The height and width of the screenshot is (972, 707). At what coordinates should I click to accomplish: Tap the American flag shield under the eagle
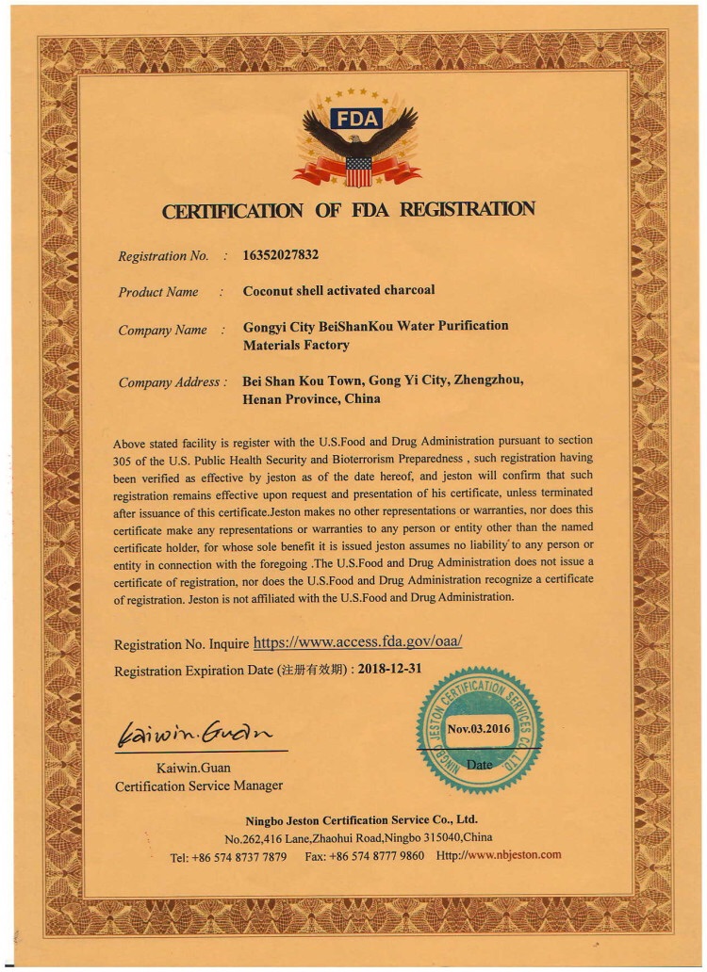point(357,170)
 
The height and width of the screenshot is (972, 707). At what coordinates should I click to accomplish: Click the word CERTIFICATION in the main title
point(232,211)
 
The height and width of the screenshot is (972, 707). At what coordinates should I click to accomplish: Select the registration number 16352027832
point(282,255)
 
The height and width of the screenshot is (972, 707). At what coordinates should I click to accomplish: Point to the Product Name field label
point(158,292)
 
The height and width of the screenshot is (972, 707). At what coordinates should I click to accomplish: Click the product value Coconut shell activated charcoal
point(338,291)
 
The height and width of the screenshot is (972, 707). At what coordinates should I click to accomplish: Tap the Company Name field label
point(162,331)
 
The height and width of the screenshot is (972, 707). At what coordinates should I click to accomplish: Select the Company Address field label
point(171,382)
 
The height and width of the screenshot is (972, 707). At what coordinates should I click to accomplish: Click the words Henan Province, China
point(312,398)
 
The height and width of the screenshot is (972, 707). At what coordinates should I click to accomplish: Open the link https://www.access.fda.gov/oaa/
point(358,643)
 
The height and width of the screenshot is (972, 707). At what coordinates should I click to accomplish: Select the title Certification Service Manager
point(199,786)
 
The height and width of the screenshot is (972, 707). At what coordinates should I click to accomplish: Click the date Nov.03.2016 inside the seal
point(479,728)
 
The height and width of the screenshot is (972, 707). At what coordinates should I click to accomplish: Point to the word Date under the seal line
point(479,765)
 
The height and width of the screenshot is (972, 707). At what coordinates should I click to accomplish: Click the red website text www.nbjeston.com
point(514,855)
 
